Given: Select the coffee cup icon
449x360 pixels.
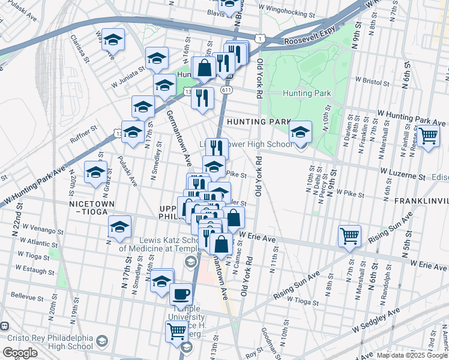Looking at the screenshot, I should point(181,294).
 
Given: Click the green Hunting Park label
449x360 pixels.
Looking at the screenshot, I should point(306,93).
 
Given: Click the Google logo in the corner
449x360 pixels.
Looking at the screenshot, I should point(19,352).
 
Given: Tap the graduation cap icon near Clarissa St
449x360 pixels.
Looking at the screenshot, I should point(112,39).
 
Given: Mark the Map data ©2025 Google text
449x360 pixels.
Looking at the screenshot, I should point(412,355).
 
